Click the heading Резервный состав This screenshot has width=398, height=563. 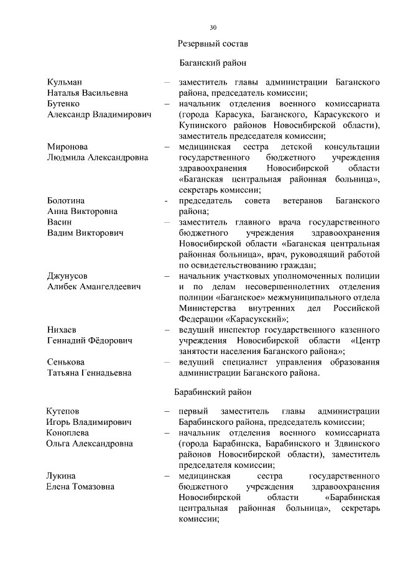pyautogui.click(x=213, y=45)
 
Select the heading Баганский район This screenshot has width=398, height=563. pyautogui.click(x=213, y=63)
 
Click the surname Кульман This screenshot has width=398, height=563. pyautogui.click(x=65, y=82)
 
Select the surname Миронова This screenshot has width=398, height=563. pyautogui.click(x=68, y=147)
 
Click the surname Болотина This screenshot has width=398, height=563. pyautogui.click(x=67, y=200)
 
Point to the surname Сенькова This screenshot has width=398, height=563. pyautogui.click(x=67, y=361)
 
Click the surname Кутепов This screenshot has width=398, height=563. pyautogui.click(x=63, y=411)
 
